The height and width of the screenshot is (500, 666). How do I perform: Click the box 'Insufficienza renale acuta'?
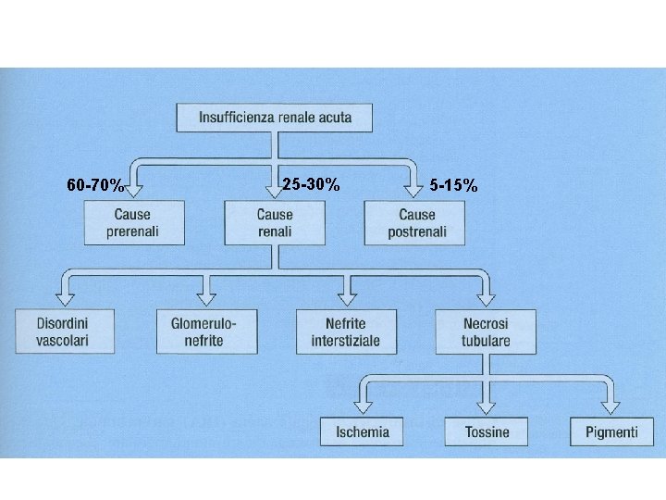[275, 118]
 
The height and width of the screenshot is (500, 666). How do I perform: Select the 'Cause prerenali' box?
[134, 223]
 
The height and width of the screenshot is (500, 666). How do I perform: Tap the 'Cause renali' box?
[275, 223]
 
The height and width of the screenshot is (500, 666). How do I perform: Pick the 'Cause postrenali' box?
[414, 223]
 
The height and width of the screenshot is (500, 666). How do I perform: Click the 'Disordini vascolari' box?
[65, 331]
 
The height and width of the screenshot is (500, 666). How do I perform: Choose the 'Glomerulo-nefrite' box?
[207, 331]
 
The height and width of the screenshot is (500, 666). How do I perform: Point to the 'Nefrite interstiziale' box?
[346, 331]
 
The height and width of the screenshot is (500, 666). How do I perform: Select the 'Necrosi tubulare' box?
[486, 331]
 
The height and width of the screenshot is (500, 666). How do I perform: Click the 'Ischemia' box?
[362, 431]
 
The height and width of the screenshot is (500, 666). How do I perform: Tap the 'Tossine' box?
[487, 431]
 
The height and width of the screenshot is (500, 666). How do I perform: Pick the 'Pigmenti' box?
[611, 431]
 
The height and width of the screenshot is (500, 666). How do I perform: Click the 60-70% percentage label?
[95, 185]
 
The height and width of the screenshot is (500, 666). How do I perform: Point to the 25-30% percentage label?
[312, 184]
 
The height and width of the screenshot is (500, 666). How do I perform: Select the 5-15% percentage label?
[453, 186]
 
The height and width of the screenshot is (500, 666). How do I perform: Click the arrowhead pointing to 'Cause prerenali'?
[134, 192]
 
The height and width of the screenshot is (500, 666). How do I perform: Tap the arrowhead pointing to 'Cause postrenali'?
[413, 192]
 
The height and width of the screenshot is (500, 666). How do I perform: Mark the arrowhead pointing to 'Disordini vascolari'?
[66, 300]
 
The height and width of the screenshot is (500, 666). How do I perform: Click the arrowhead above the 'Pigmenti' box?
[610, 408]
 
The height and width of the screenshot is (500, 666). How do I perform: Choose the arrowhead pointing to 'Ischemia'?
[363, 408]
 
